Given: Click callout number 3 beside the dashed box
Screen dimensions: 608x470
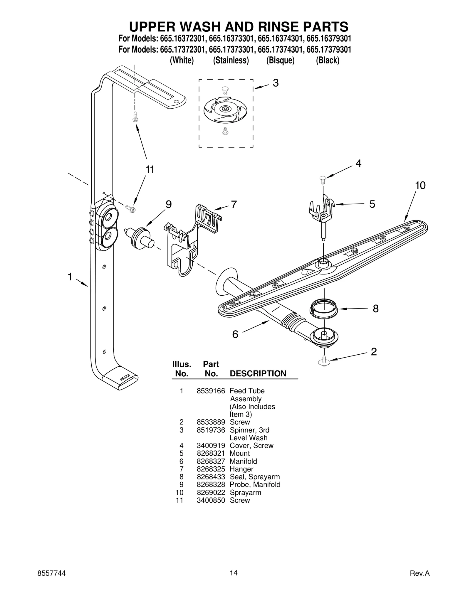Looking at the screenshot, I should pos(275,83).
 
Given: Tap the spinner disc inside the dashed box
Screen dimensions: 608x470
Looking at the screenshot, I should pos(225,109).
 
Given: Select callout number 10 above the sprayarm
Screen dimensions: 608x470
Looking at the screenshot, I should pos(420,185).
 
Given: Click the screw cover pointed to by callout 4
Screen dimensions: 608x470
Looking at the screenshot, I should pos(323,178).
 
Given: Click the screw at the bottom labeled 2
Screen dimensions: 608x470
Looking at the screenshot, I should pos(324,361).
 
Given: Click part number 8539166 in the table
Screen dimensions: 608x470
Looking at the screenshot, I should pos(211,391).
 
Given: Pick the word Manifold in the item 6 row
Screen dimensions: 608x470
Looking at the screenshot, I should pos(243,461).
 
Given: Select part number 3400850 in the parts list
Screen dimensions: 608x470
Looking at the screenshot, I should pos(211,500).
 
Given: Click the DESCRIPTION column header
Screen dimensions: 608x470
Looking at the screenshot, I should pos(258,373).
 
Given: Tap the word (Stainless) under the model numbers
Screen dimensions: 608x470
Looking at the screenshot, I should pos(231,60).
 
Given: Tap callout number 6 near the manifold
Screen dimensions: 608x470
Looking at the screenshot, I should pos(235,334).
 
